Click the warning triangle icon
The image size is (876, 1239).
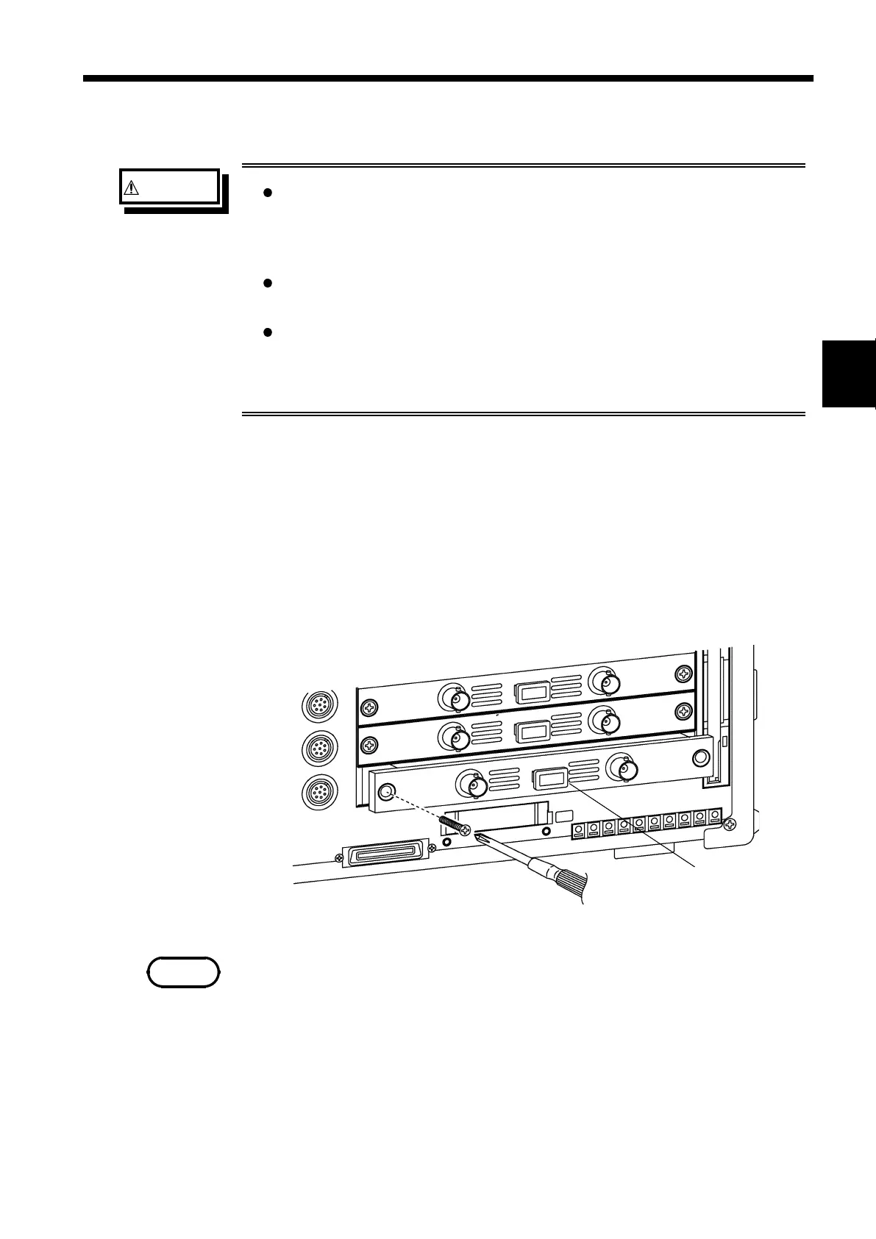[x=130, y=188]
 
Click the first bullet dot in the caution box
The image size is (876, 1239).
[x=268, y=193]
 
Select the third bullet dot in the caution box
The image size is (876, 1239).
[x=268, y=332]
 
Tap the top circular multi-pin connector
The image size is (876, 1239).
[x=321, y=706]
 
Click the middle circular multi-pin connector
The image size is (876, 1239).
[x=321, y=749]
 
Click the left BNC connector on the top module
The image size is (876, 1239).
[x=455, y=696]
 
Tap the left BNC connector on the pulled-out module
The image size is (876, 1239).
[x=472, y=785]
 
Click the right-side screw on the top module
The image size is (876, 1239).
[x=685, y=673]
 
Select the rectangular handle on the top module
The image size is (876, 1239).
[x=533, y=692]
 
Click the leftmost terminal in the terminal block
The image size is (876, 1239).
[x=579, y=830]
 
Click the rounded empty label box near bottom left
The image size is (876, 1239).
[x=183, y=972]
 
